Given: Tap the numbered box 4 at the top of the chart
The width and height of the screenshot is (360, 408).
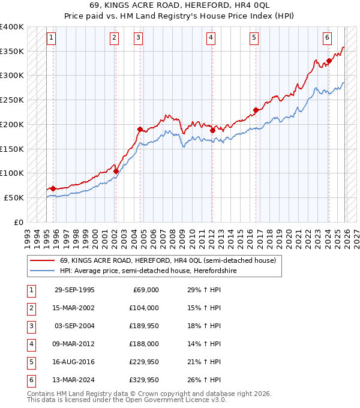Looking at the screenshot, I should point(211,38).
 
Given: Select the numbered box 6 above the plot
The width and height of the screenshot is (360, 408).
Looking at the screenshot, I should point(327,38).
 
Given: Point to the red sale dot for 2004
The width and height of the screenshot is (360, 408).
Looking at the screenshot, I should point(140,129).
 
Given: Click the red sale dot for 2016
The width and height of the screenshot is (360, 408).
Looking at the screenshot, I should point(256,110).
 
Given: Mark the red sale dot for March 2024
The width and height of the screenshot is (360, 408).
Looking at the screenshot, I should point(329,61).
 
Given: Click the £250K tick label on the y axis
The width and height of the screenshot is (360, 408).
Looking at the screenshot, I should point(12,100).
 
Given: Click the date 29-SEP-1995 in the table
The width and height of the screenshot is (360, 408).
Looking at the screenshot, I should point(74,290).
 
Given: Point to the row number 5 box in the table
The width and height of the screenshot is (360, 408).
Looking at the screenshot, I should point(30,362).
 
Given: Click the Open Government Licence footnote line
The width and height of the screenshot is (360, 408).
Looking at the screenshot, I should point(127,400).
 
